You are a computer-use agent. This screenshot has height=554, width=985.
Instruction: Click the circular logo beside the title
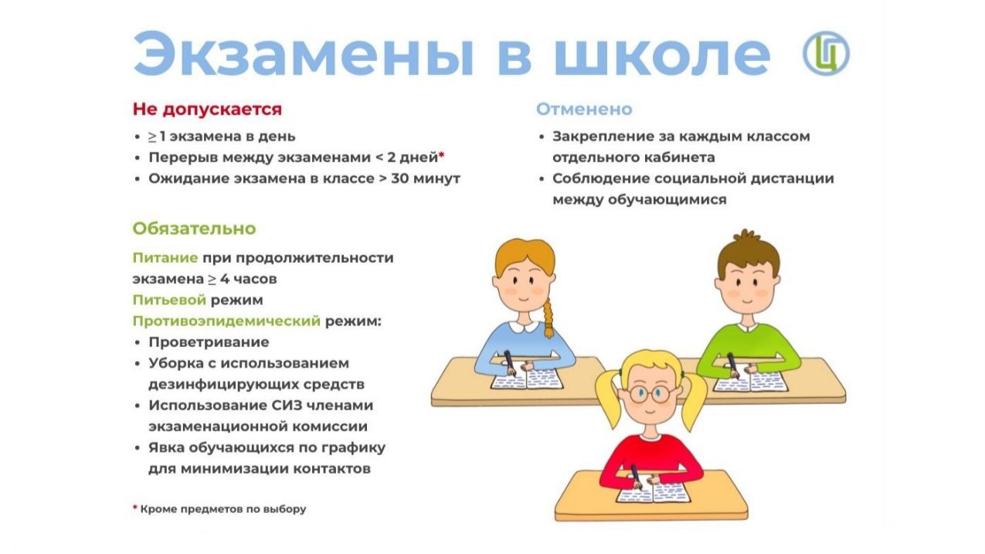point(826,53)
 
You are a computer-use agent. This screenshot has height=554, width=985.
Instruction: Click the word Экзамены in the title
point(304,53)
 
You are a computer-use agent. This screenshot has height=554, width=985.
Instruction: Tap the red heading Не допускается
point(207,109)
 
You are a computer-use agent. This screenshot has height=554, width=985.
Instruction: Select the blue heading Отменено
point(584,109)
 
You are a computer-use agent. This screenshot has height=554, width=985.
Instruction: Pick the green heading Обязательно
point(195,229)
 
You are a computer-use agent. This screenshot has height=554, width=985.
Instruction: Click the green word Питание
point(165,257)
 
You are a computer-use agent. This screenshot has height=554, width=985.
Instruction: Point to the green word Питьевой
point(169,300)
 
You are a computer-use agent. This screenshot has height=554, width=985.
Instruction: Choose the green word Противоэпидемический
point(226,321)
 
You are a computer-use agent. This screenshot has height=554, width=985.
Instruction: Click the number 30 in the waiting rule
point(400,178)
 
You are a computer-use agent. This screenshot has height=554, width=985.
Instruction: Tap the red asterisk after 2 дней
point(441,155)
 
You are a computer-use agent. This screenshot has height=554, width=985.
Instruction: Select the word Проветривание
point(209,342)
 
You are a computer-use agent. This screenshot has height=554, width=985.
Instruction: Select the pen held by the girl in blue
point(510,362)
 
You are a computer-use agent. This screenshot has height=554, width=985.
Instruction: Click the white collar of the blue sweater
point(523,327)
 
